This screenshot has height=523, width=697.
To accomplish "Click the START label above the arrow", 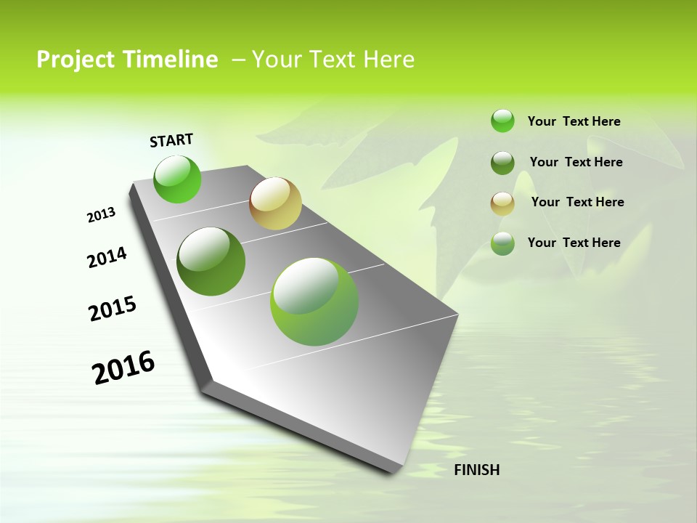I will pos(171,140).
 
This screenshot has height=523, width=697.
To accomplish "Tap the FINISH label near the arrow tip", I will pos(477,470).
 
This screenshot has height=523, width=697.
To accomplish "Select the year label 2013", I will pos(101,215).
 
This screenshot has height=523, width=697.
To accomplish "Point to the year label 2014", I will pos(107,258).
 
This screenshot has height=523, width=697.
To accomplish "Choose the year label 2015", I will pos(113,309).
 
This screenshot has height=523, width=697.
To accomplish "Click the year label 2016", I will pos(123,368).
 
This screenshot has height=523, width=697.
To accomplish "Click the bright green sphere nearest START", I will pos(177,179).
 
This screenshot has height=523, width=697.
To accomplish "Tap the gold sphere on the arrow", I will pos(275,203).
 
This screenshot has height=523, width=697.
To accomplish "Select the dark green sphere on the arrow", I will pos(211,261).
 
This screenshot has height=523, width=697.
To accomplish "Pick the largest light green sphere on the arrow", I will pos(314,301).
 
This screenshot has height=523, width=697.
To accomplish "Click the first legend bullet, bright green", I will pos(502,121).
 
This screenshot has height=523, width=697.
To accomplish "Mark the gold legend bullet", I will pos(502,203).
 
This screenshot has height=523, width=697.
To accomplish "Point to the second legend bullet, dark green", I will pos(502,163).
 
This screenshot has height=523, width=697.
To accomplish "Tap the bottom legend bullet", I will pos(502,243).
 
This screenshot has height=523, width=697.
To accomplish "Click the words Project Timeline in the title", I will pos(127,60).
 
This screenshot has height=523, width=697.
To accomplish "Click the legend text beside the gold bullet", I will pos(577,202).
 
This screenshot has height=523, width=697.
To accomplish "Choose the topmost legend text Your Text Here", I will pos(574,121).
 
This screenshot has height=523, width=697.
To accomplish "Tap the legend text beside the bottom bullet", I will pos(574,243).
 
